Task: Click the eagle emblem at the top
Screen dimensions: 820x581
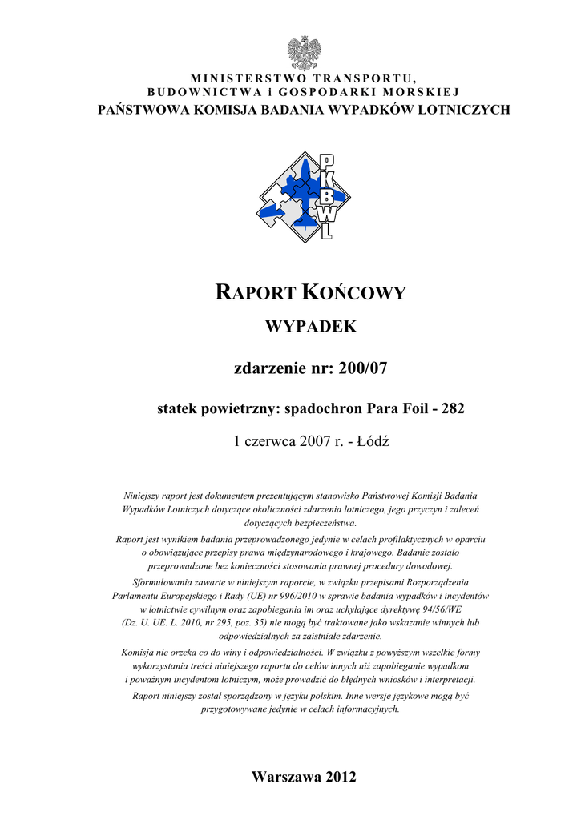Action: click(x=304, y=53)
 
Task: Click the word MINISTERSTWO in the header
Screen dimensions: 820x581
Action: click(x=239, y=78)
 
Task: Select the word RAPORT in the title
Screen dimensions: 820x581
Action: click(x=255, y=293)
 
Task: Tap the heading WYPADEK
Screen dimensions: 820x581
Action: click(x=304, y=328)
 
